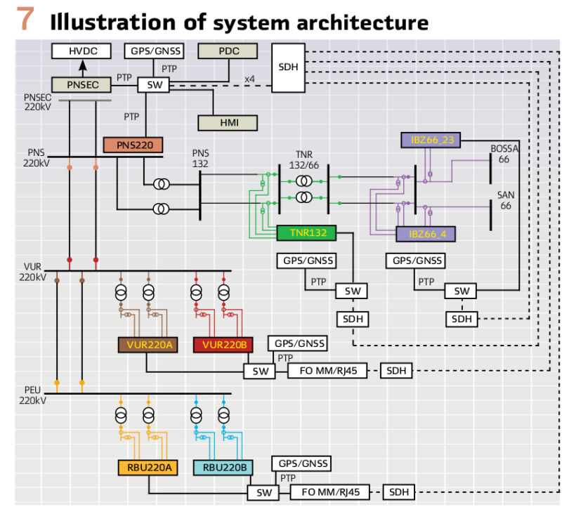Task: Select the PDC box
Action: [x=228, y=51]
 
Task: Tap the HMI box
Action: [x=228, y=122]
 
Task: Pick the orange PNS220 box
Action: [x=133, y=145]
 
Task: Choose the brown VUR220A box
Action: [x=148, y=345]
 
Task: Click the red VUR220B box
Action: [x=221, y=345]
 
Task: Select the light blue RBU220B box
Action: [x=223, y=468]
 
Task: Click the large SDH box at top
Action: [x=288, y=67]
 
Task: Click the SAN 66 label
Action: [x=504, y=201]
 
